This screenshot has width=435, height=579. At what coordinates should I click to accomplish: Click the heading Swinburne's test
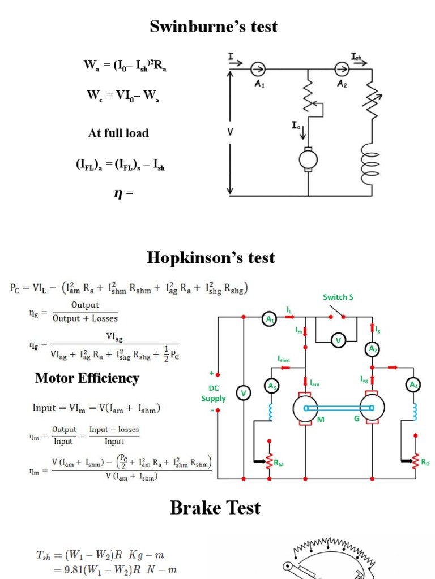point(214,26)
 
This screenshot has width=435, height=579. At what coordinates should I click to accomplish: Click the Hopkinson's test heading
point(211,258)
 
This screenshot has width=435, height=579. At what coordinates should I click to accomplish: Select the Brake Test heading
point(215,508)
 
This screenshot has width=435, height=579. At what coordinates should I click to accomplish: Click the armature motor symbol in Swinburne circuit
point(309,160)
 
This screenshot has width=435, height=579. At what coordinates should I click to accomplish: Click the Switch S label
point(338,297)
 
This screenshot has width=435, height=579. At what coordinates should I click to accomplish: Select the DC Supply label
point(213,394)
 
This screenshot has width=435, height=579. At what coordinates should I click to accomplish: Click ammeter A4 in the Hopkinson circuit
point(415,386)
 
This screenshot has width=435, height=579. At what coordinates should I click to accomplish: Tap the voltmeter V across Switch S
point(338,340)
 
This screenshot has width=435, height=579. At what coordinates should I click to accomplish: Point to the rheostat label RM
point(278,463)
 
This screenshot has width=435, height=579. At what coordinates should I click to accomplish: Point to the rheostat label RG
point(425,462)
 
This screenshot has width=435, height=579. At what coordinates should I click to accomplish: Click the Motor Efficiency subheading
point(87,378)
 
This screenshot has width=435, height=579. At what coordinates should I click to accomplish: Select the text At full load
point(118,133)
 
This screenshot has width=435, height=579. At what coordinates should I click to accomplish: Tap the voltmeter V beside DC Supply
point(244,394)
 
